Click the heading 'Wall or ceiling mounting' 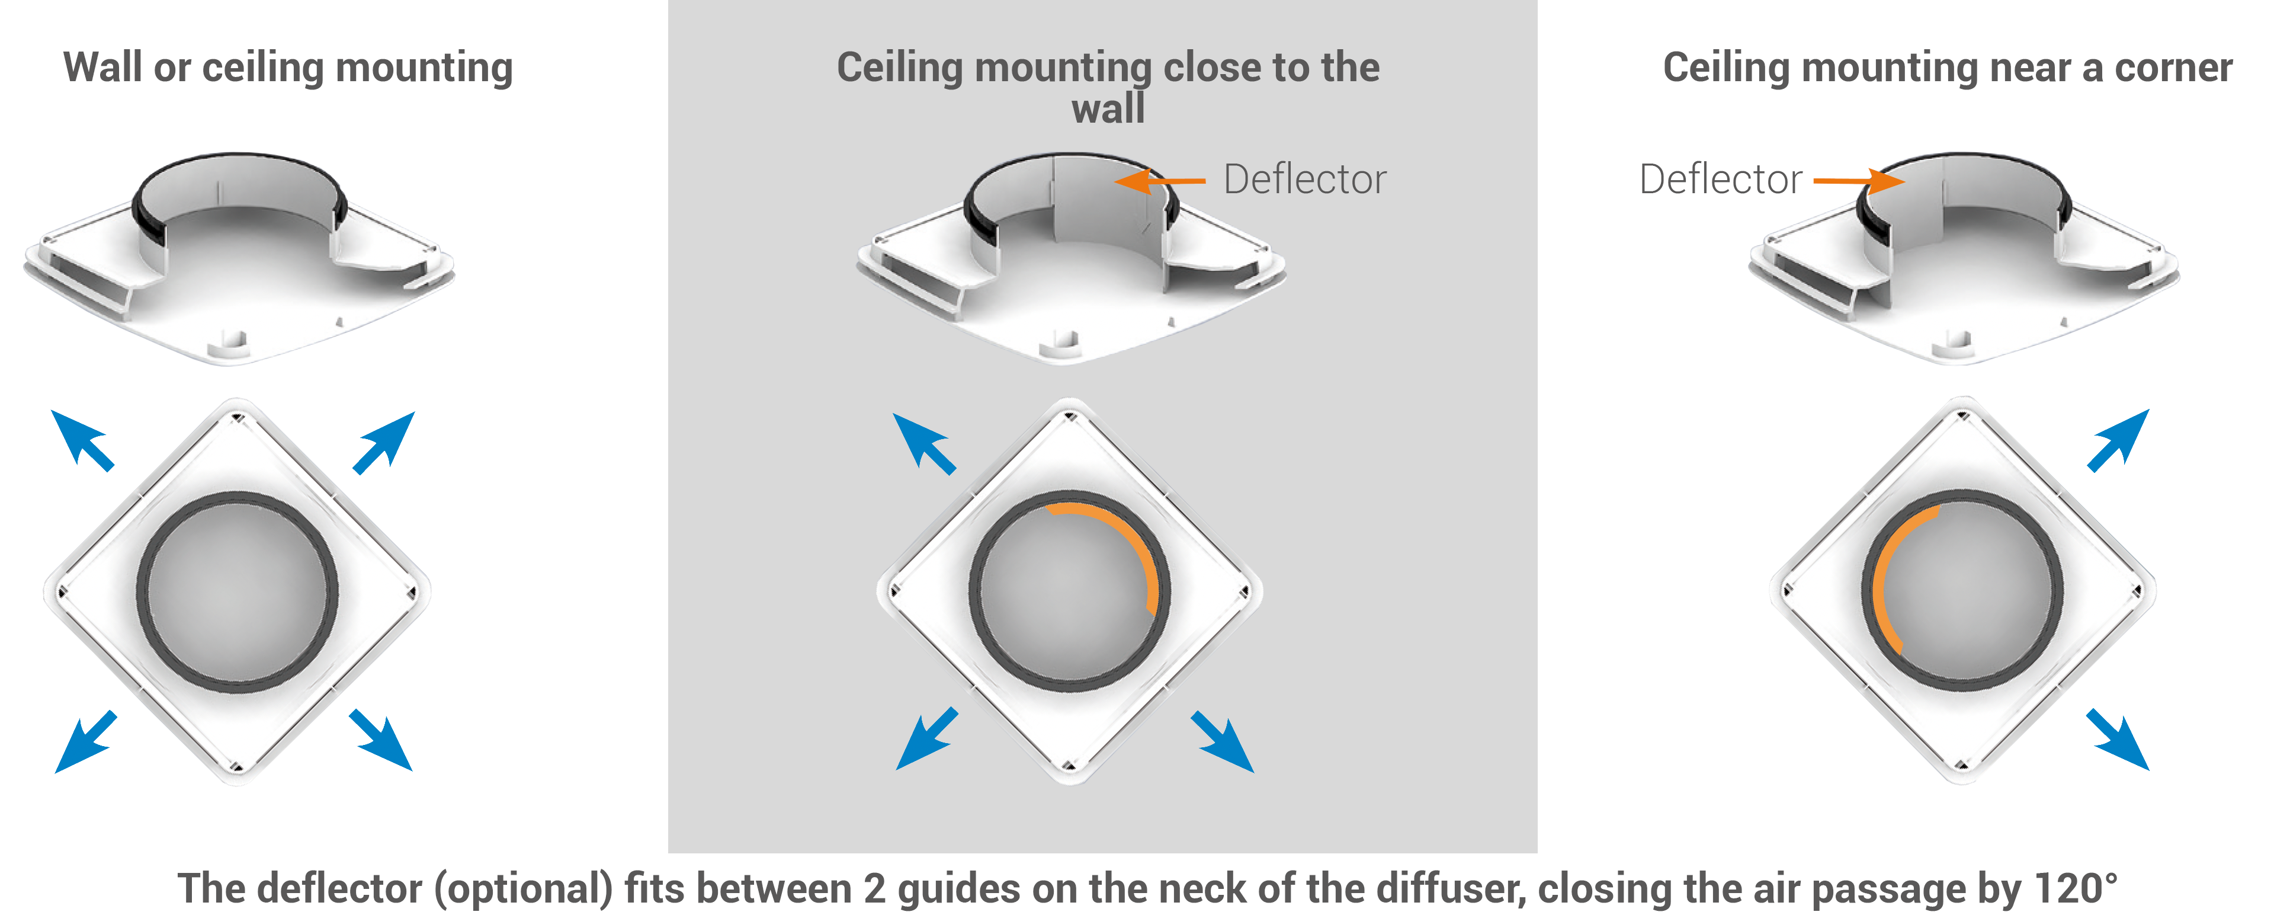(x=288, y=68)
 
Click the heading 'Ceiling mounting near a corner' (x=1948, y=68)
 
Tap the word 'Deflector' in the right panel (x=1720, y=180)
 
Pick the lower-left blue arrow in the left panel (x=85, y=742)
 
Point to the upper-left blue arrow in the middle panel (x=924, y=443)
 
